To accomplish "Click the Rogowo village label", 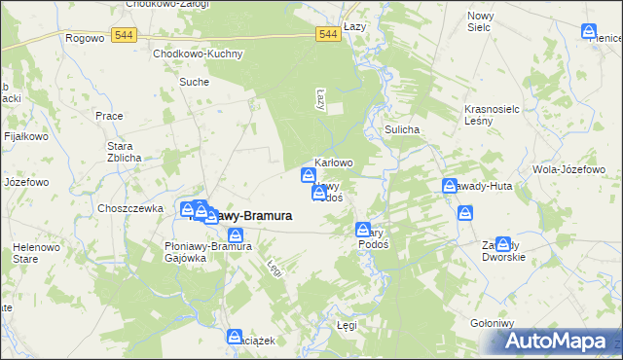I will tap(84, 38).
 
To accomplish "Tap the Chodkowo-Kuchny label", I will tap(197, 54).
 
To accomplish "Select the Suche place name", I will tap(194, 82).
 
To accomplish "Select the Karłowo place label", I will tap(333, 162).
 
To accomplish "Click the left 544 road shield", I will tap(123, 34).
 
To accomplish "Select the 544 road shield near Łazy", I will tap(328, 34).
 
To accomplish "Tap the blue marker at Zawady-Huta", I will tap(450, 186).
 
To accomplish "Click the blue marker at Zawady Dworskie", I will tap(502, 245).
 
